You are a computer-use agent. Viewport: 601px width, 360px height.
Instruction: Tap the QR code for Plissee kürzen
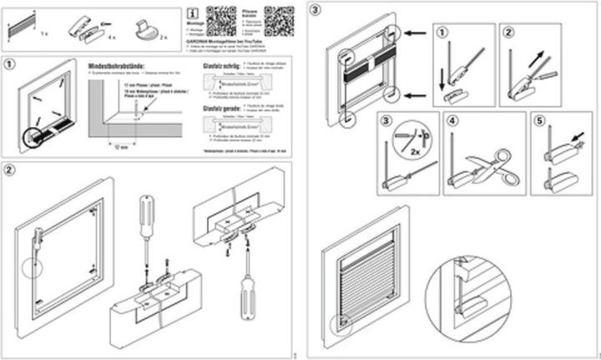click(279, 18)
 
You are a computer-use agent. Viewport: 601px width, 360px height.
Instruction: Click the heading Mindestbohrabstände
click(116, 65)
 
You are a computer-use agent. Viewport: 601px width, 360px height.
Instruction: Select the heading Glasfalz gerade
click(222, 108)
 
